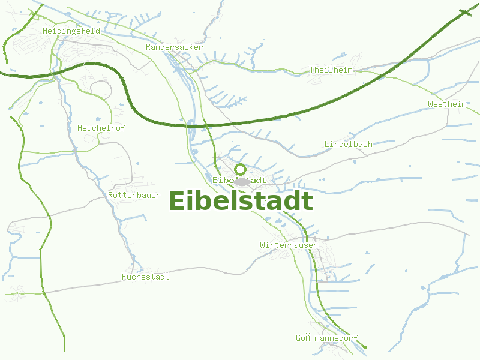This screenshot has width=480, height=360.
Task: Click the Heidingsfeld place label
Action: click(71, 31)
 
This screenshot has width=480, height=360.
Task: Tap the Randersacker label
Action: click(175, 47)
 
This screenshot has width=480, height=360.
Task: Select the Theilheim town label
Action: click(331, 70)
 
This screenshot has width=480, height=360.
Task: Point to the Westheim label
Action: click(448, 104)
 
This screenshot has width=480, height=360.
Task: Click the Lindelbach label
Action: click(348, 144)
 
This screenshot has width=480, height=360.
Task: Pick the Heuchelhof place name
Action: click(101, 128)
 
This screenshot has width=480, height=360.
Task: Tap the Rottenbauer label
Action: click(134, 196)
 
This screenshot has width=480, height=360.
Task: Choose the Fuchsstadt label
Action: click(145, 277)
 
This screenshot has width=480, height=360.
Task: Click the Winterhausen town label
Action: click(289, 245)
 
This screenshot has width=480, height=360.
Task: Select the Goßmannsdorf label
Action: click(326, 338)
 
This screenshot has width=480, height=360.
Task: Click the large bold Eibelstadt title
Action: click(241, 202)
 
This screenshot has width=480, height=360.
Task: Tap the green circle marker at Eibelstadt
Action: click(240, 169)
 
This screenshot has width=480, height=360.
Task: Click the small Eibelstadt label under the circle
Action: click(239, 180)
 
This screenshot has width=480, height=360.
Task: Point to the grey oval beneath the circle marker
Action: click(242, 181)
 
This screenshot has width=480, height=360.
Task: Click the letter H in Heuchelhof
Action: click(80, 128)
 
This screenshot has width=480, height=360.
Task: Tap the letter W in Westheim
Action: click(431, 104)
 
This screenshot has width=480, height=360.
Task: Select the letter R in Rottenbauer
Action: click(111, 196)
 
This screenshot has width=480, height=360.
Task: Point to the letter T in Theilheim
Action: click(312, 70)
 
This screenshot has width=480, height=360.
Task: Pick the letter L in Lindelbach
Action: click(327, 144)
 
